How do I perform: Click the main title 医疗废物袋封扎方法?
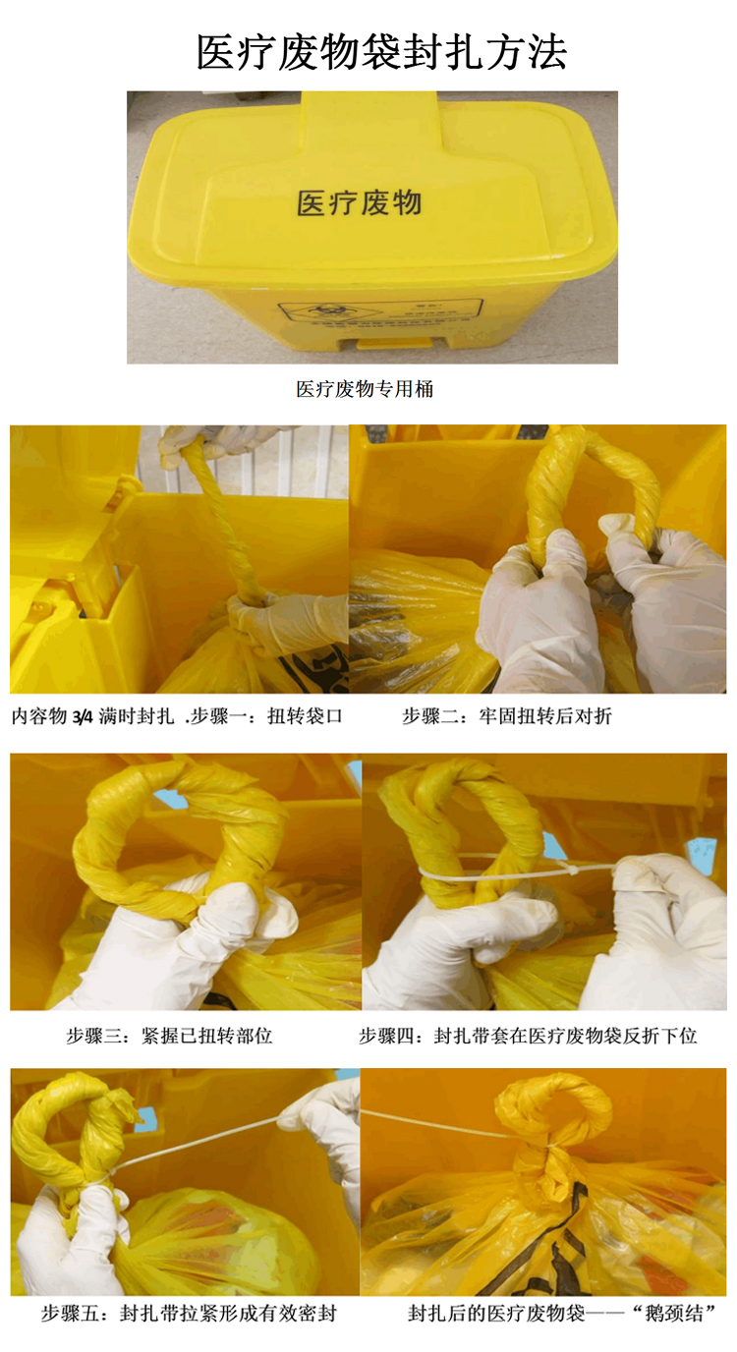point(381,51)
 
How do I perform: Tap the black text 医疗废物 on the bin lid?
point(359,202)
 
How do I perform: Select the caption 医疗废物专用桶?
point(365,389)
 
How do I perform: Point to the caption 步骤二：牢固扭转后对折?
point(507,717)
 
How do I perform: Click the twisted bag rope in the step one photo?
point(221,521)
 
